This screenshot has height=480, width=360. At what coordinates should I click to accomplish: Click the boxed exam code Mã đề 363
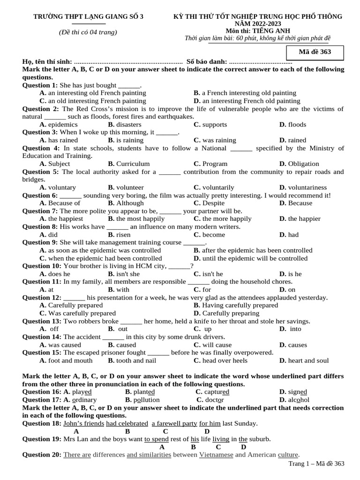315,52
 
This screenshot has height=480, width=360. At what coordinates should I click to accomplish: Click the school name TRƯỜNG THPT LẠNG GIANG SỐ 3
88,17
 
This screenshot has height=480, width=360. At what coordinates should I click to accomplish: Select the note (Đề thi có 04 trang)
88,32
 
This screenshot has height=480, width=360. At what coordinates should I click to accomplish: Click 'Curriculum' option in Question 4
133,164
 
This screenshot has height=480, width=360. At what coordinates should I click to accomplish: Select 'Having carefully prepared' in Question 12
240,305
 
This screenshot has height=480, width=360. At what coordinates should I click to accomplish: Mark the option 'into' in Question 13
295,329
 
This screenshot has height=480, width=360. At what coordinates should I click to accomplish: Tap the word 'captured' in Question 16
216,392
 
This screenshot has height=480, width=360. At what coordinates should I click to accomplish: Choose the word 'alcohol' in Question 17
299,400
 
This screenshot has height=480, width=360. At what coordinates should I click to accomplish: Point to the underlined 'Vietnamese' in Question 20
216,455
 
